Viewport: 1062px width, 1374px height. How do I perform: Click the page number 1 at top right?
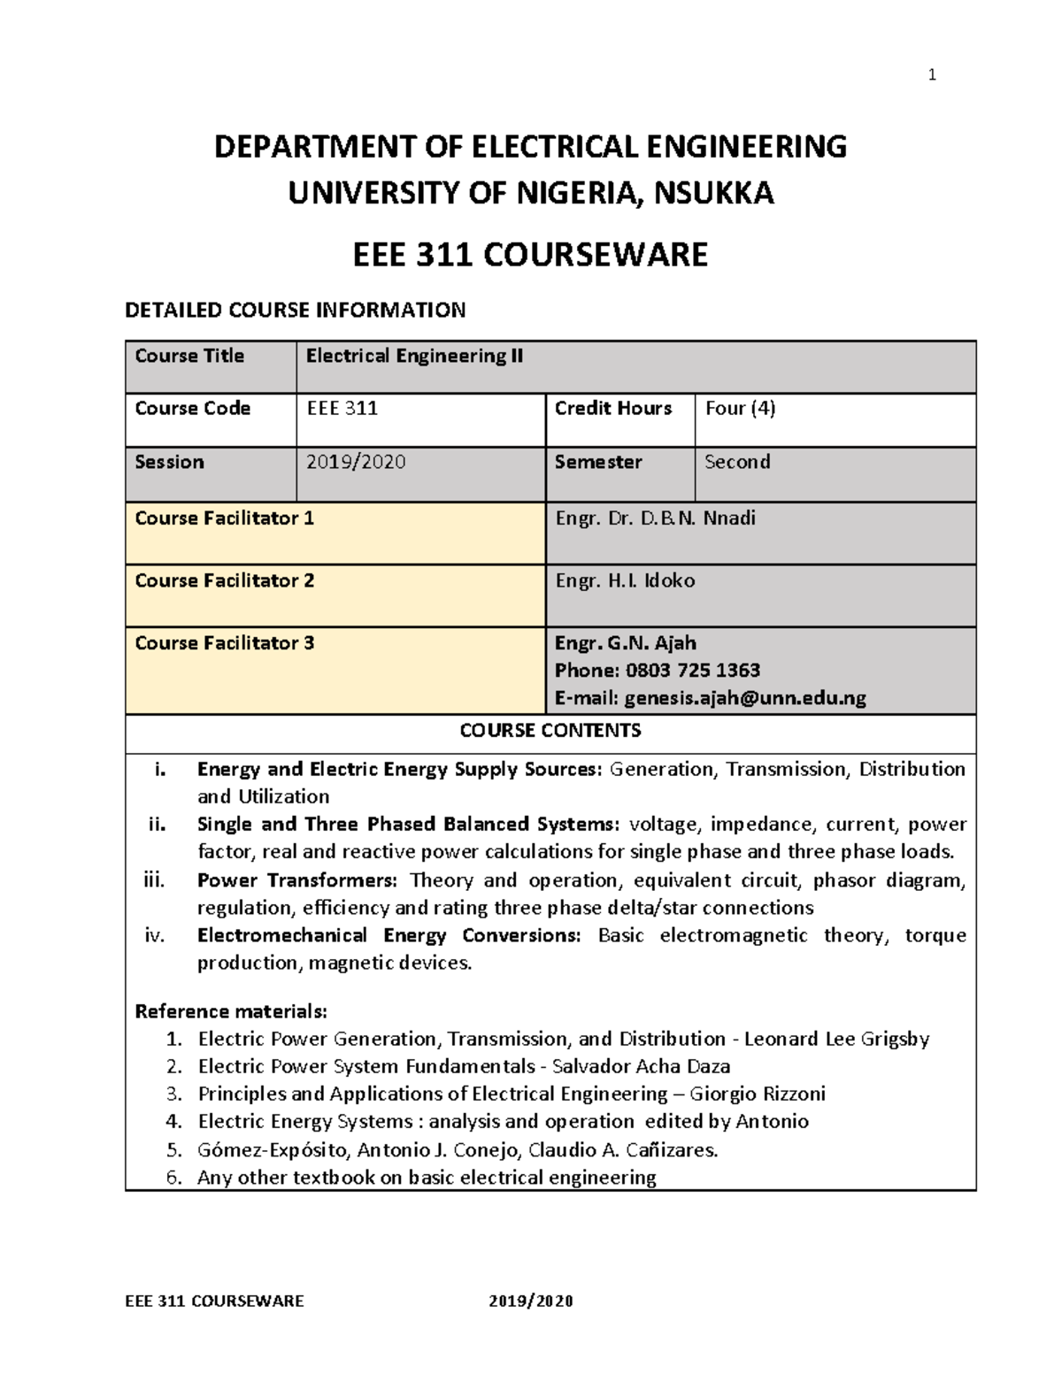(931, 76)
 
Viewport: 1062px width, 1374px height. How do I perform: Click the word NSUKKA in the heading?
(713, 193)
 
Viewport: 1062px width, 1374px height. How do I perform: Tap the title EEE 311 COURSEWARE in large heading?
(530, 255)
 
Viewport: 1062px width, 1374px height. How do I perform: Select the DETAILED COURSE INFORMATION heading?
(295, 310)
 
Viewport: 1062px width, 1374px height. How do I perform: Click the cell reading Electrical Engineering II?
(414, 356)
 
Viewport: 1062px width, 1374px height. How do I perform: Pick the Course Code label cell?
(193, 409)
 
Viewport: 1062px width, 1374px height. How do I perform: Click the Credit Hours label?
(612, 409)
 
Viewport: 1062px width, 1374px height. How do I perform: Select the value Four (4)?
(740, 409)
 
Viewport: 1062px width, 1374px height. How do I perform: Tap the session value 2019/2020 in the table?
(356, 462)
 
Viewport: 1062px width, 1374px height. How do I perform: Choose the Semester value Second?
(737, 462)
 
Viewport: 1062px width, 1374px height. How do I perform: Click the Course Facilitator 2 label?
(224, 580)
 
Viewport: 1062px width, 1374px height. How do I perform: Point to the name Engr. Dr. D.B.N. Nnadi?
(655, 518)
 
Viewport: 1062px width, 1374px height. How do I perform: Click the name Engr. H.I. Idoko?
(625, 580)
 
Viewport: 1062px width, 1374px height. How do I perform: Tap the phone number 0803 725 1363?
(693, 671)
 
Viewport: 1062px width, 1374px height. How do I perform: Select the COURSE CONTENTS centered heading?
(550, 730)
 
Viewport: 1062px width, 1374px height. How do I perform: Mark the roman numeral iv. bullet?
(155, 935)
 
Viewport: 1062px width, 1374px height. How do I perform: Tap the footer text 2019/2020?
(531, 1301)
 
